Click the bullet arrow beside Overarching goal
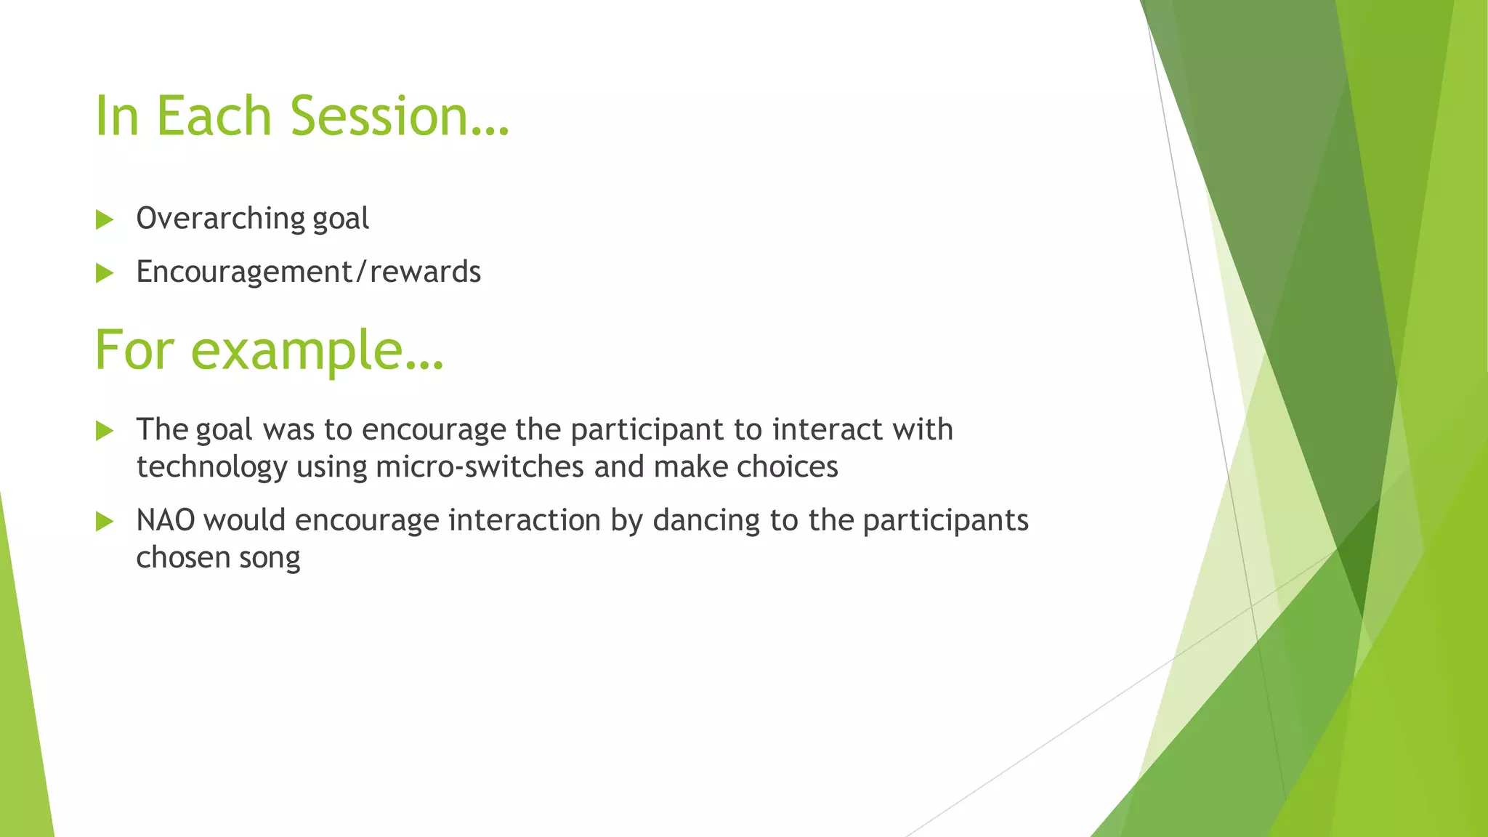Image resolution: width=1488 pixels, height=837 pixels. [105, 219]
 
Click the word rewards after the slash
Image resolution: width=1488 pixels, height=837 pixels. [425, 272]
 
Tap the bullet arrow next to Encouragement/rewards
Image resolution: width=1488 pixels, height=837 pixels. [105, 273]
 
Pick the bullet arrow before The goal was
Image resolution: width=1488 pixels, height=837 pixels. [105, 431]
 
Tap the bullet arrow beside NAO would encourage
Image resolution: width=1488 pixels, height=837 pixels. [105, 522]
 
